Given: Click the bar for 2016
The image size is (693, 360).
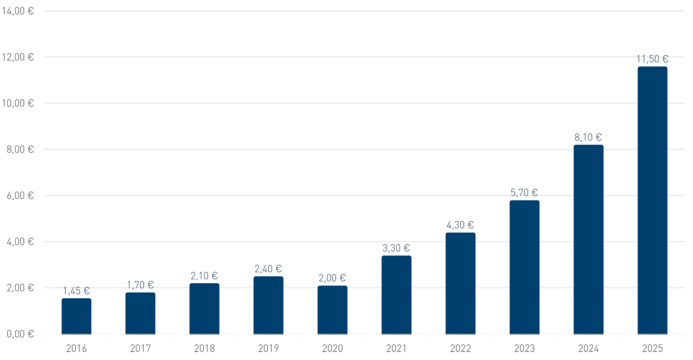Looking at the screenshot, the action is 77,316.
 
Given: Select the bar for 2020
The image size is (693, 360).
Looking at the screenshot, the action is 332,310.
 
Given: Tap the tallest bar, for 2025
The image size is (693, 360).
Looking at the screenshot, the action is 652,200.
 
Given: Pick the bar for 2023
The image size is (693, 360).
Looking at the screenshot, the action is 525,267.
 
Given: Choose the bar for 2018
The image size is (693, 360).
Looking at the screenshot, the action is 204,309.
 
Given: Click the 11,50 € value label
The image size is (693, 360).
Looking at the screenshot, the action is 652,59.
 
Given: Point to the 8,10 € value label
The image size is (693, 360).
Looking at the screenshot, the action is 588,137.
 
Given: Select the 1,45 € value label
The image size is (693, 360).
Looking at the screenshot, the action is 77,291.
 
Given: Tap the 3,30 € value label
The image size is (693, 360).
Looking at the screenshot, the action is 396,248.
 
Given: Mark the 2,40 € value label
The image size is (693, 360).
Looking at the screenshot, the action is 268,268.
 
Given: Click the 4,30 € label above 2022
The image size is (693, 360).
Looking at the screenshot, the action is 460,225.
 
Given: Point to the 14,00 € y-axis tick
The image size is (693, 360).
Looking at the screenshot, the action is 18,11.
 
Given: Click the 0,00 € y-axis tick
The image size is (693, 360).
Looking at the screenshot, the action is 20,334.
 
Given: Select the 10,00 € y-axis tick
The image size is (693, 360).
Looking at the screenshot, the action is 18,103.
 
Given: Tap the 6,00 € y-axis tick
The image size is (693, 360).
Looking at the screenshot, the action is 20,195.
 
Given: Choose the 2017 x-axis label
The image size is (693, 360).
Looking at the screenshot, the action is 141,348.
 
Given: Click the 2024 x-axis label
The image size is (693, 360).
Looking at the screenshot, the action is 588,348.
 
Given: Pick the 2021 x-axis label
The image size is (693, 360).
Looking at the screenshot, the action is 396,348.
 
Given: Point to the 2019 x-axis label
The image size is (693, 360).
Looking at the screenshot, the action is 268,348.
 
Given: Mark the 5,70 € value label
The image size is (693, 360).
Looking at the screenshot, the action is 524,193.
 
